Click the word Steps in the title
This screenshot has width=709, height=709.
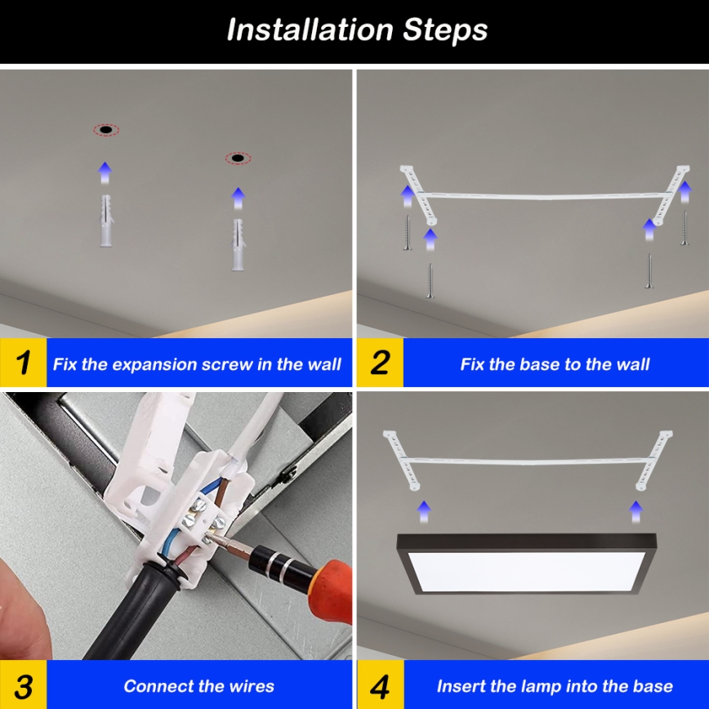[445, 30]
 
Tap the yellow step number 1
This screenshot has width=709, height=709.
[24, 363]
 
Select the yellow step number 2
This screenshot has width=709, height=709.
[380, 363]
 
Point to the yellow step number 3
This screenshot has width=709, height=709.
[24, 685]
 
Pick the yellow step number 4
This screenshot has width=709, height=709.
[380, 685]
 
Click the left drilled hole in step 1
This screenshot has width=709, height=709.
[105, 130]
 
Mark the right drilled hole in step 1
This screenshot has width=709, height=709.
[238, 158]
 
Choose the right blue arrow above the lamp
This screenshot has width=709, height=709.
[635, 511]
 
